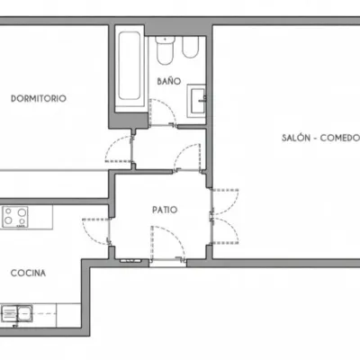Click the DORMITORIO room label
39,98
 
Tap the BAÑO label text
169,81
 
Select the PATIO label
165,210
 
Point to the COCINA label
28,273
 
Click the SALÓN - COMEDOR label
320,138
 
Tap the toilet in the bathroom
165,50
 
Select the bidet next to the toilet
190,48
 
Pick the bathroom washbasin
197,101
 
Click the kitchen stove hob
15,216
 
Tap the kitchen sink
17,313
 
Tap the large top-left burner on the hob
22,212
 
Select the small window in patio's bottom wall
130,261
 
